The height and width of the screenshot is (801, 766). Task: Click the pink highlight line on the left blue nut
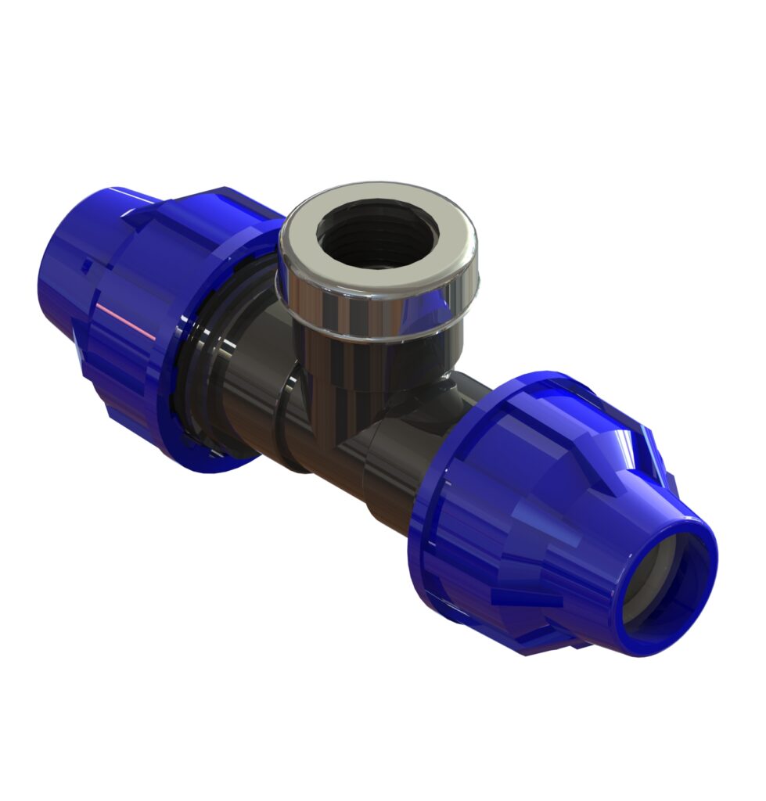pyautogui.click(x=124, y=321)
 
